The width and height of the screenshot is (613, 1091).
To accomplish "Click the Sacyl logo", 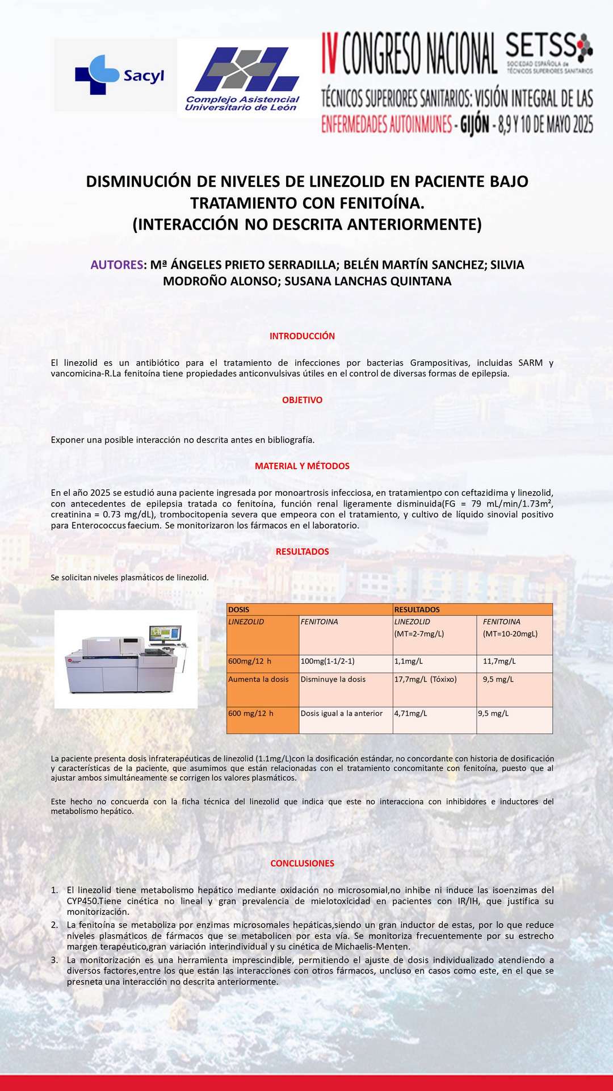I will point(119,75).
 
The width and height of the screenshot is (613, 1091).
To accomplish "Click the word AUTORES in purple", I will point(117,265).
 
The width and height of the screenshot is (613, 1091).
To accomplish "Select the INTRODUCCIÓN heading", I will point(302,336).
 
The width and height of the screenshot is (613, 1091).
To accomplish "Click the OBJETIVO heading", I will point(302,400).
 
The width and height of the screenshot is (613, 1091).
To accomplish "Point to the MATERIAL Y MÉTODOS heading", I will point(302,466).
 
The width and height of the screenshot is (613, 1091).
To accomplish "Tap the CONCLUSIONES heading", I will point(302,863).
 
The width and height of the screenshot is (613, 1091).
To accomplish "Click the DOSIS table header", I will point(239,609).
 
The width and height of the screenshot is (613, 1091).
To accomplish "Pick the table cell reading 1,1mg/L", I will point(409,662).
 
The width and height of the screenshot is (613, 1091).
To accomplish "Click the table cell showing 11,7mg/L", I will point(499,662).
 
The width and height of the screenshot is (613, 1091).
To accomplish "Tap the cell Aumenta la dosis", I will point(258,679).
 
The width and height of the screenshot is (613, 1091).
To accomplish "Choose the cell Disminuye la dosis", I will point(333,679).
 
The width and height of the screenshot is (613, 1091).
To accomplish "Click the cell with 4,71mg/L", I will point(411,713).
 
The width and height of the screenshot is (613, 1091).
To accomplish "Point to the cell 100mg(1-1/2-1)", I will point(328,662).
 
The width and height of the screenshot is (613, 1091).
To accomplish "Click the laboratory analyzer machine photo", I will point(126,659).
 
